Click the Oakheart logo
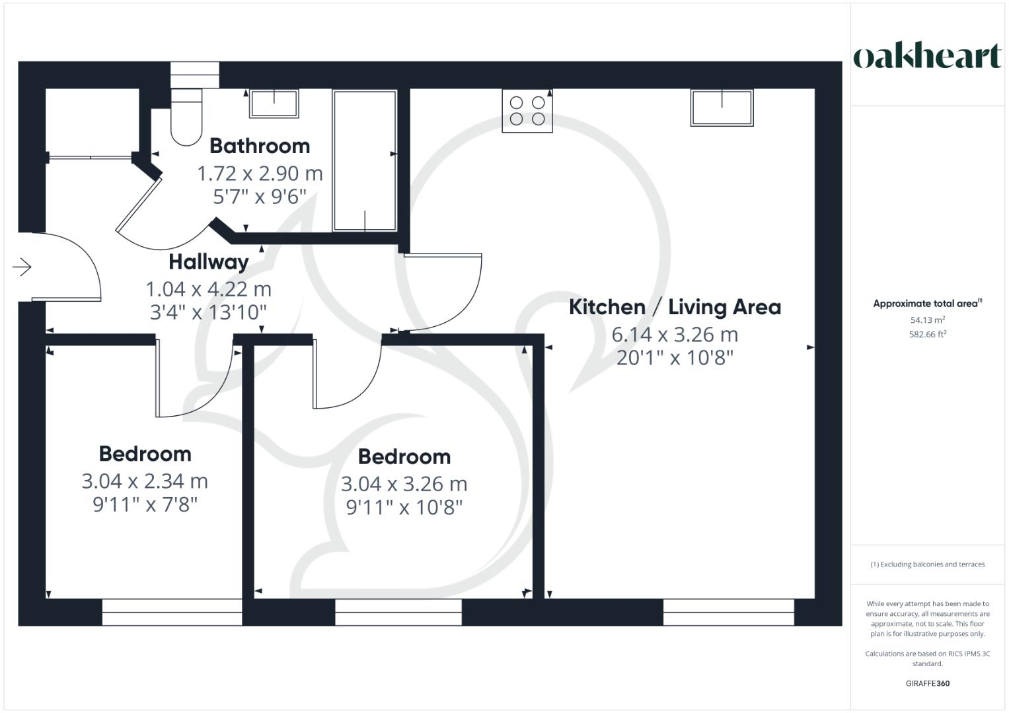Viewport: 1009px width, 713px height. point(927,57)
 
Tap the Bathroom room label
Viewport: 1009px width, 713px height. point(260,146)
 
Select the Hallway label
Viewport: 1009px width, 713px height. point(209,262)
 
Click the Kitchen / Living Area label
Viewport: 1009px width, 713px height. point(675,307)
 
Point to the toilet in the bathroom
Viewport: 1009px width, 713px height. point(186,119)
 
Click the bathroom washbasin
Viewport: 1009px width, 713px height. point(274,104)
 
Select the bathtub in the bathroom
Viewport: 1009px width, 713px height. point(365,161)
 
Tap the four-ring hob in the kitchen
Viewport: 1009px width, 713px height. point(527,111)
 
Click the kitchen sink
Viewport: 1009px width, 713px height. point(722,108)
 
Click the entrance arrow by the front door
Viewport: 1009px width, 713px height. point(22,267)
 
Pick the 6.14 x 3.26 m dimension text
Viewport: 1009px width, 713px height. point(675,335)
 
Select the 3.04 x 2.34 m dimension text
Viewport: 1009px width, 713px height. point(145,481)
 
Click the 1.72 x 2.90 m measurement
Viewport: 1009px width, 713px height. point(260,174)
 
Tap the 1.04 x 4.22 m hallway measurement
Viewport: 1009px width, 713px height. point(209,289)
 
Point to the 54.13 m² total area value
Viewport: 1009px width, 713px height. point(927,320)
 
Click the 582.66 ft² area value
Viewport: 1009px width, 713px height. point(927,334)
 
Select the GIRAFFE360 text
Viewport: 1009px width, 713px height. point(927,683)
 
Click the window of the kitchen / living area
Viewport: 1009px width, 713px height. point(728,612)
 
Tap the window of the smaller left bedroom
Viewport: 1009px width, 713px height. point(172,612)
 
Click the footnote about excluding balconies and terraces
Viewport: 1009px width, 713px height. point(927,564)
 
